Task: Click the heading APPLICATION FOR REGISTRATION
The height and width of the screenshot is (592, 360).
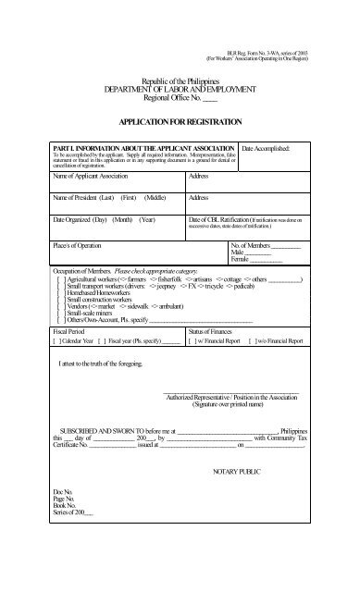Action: (180, 121)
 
